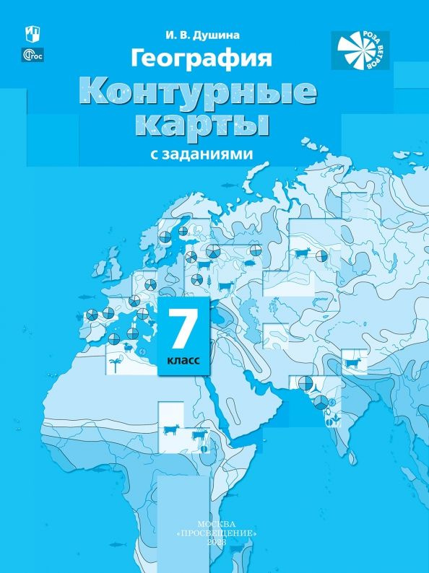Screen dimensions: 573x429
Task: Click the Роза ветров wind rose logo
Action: [x=360, y=50]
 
